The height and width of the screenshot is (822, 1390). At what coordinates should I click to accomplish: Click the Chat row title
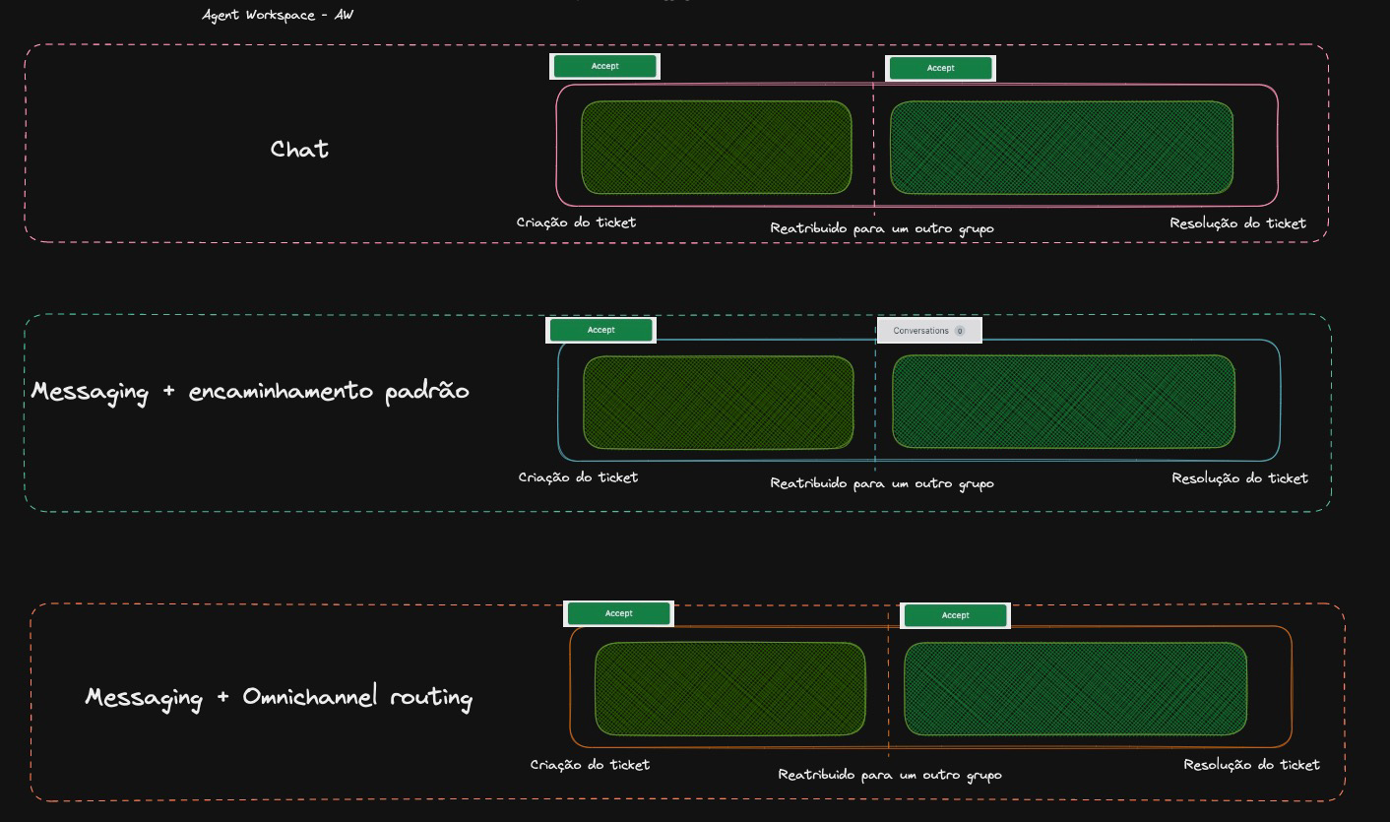tap(299, 149)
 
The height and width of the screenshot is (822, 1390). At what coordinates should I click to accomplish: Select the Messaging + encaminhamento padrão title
tap(250, 391)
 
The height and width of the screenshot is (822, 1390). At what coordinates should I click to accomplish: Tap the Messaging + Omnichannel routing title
tap(279, 697)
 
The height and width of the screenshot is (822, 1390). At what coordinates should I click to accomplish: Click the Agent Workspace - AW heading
tap(278, 15)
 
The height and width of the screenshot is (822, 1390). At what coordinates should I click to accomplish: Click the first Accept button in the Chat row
tap(604, 66)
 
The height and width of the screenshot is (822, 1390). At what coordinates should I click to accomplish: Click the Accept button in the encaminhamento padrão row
tap(600, 330)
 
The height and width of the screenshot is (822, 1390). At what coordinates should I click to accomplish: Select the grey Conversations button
tap(928, 331)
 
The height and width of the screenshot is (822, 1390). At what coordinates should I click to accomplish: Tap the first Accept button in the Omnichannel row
tap(618, 613)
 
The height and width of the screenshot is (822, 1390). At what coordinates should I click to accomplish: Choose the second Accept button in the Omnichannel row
tap(955, 615)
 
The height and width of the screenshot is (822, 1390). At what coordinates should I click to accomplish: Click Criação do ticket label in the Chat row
tap(576, 222)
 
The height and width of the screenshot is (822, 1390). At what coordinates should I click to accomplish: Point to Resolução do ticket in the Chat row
tap(1237, 223)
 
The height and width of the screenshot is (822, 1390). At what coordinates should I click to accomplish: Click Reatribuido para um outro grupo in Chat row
tap(881, 228)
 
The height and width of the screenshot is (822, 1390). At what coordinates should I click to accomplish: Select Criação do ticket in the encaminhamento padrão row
tap(578, 477)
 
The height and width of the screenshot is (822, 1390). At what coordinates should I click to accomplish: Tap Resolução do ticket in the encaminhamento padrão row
tap(1239, 478)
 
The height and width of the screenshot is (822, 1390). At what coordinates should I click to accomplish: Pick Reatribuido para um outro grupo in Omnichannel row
tap(889, 775)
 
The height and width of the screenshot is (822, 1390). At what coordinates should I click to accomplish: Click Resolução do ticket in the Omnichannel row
tap(1251, 765)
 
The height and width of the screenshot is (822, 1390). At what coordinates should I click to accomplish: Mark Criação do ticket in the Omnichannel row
tap(590, 765)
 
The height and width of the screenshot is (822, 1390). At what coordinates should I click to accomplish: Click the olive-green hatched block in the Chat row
tap(716, 148)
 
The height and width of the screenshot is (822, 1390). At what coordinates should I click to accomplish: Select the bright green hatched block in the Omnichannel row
tap(1075, 689)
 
